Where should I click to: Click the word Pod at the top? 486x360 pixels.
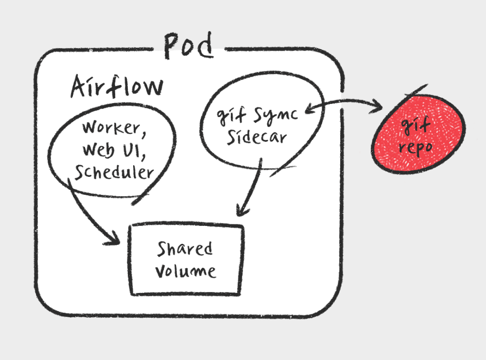[x=189, y=45]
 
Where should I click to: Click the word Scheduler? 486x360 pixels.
[x=114, y=172]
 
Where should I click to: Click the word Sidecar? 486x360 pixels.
[x=257, y=137]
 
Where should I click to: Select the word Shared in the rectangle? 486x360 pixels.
[x=185, y=249]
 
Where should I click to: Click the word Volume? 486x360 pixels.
[x=186, y=271]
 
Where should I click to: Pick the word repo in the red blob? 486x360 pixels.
[x=416, y=148]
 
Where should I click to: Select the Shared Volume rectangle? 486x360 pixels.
[x=186, y=259]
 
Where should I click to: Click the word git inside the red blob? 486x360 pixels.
[x=415, y=126]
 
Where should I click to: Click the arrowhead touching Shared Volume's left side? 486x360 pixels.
[x=112, y=239]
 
